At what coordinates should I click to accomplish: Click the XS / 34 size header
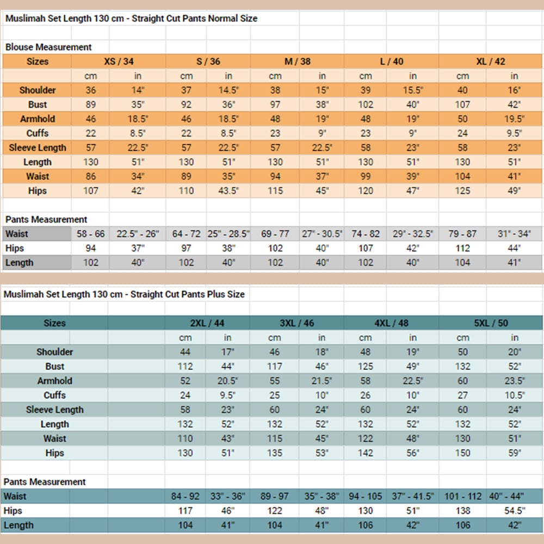(x=119, y=61)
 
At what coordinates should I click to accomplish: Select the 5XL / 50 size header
(x=491, y=323)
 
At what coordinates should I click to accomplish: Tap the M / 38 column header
(x=298, y=61)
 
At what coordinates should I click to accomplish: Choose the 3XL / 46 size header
(x=297, y=323)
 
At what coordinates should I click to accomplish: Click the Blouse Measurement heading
(x=48, y=47)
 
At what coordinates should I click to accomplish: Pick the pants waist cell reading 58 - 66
(x=91, y=234)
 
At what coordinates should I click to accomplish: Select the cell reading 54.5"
(x=514, y=511)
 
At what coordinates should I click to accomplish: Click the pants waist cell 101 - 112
(x=463, y=496)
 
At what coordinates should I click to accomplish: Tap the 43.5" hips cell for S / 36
(x=228, y=191)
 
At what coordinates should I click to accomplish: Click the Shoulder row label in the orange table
(x=38, y=90)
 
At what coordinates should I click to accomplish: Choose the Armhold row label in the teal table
(x=54, y=381)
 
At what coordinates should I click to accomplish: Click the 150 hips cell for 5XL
(x=463, y=453)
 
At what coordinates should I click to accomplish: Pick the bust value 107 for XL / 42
(x=463, y=104)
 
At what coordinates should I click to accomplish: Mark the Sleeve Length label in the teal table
(x=54, y=410)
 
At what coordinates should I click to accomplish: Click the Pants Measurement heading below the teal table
(x=45, y=482)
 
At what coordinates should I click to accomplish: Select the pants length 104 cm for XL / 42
(x=463, y=263)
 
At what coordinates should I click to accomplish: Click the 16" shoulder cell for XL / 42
(x=514, y=90)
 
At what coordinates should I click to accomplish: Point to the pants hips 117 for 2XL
(x=186, y=511)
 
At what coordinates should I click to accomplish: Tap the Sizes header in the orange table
(x=38, y=61)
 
